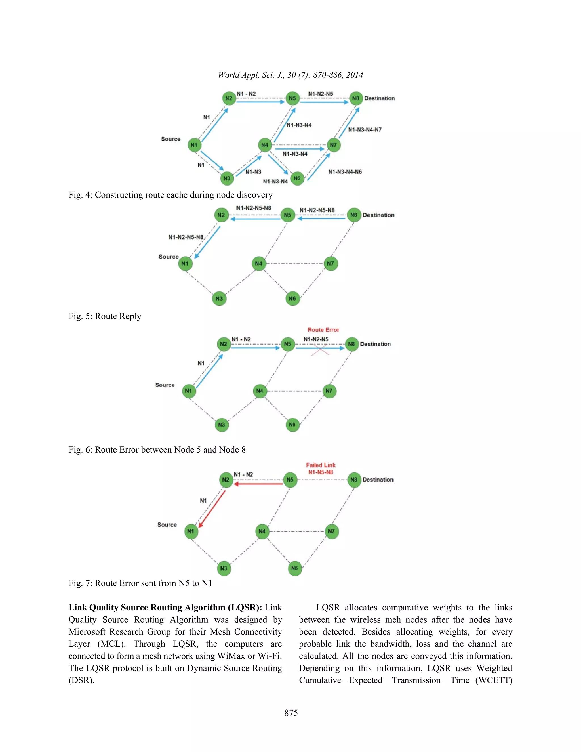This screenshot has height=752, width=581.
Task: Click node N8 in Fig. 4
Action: point(355,98)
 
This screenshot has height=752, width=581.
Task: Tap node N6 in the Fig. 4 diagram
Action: point(297,178)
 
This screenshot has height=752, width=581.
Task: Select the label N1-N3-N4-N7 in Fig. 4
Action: point(365,130)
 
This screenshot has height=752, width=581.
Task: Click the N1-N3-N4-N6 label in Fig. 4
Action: point(345,172)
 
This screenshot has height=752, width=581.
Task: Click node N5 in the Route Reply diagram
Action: point(288,215)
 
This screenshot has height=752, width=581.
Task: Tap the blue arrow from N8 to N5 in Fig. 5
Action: point(321,218)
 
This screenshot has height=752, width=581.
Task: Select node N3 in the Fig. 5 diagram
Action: point(219,299)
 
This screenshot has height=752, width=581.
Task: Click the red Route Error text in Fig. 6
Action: point(323,330)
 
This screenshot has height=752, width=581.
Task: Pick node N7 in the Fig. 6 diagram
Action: point(329,391)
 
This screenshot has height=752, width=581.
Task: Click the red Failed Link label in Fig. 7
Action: point(321,465)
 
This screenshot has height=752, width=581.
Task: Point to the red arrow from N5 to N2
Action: point(258,484)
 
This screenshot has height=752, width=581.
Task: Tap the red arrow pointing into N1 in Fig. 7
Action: point(211,510)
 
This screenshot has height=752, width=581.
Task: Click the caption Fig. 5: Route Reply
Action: point(105,316)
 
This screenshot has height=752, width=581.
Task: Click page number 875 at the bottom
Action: point(291,713)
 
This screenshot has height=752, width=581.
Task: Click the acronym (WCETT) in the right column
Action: point(494,680)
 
